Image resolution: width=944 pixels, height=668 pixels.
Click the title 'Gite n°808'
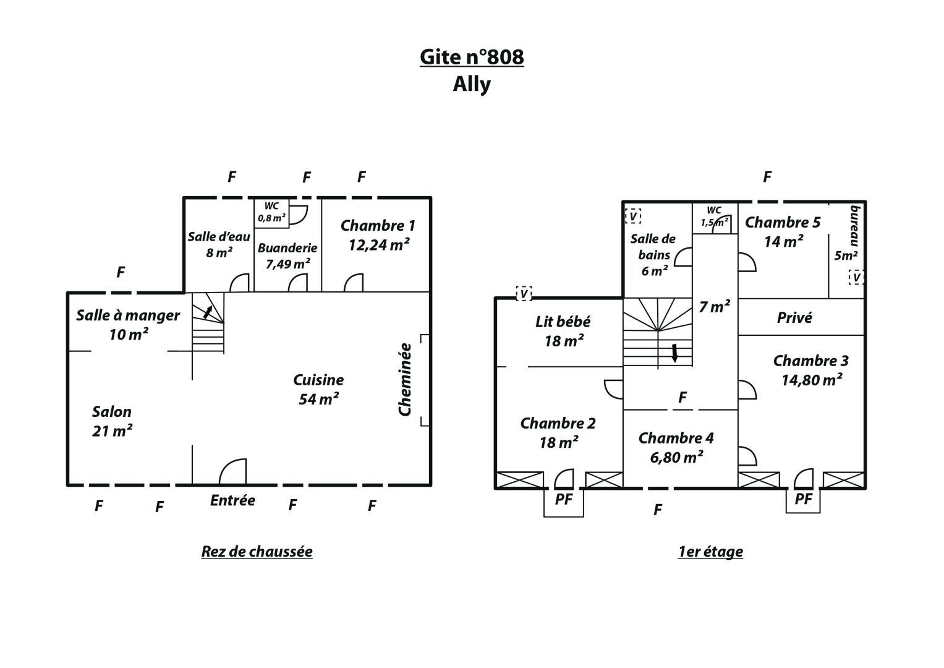tap(472, 57)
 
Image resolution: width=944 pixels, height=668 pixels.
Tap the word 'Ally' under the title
tap(472, 84)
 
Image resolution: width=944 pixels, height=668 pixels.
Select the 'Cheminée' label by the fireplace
tap(405, 380)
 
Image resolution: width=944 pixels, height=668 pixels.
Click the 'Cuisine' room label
tap(318, 380)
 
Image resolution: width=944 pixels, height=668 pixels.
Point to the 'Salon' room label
tap(112, 411)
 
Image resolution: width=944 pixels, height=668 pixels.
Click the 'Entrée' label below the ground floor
tap(232, 500)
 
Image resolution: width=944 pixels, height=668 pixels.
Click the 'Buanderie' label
tap(287, 248)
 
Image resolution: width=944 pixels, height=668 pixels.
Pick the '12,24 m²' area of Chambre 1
tap(379, 245)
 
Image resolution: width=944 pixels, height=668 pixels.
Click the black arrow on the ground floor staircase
tap(208, 312)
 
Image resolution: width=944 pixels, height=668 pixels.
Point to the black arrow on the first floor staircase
tap(674, 353)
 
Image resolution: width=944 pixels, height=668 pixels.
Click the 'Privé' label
tap(794, 317)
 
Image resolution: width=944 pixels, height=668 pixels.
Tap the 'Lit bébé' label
tap(563, 322)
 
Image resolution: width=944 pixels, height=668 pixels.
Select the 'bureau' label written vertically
tap(854, 226)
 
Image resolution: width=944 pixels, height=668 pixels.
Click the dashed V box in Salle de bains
tap(633, 216)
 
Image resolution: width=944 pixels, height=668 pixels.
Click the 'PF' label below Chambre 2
tap(563, 499)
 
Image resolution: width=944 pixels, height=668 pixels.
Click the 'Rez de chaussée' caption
tap(257, 552)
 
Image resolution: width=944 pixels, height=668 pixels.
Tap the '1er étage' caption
tap(710, 552)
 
